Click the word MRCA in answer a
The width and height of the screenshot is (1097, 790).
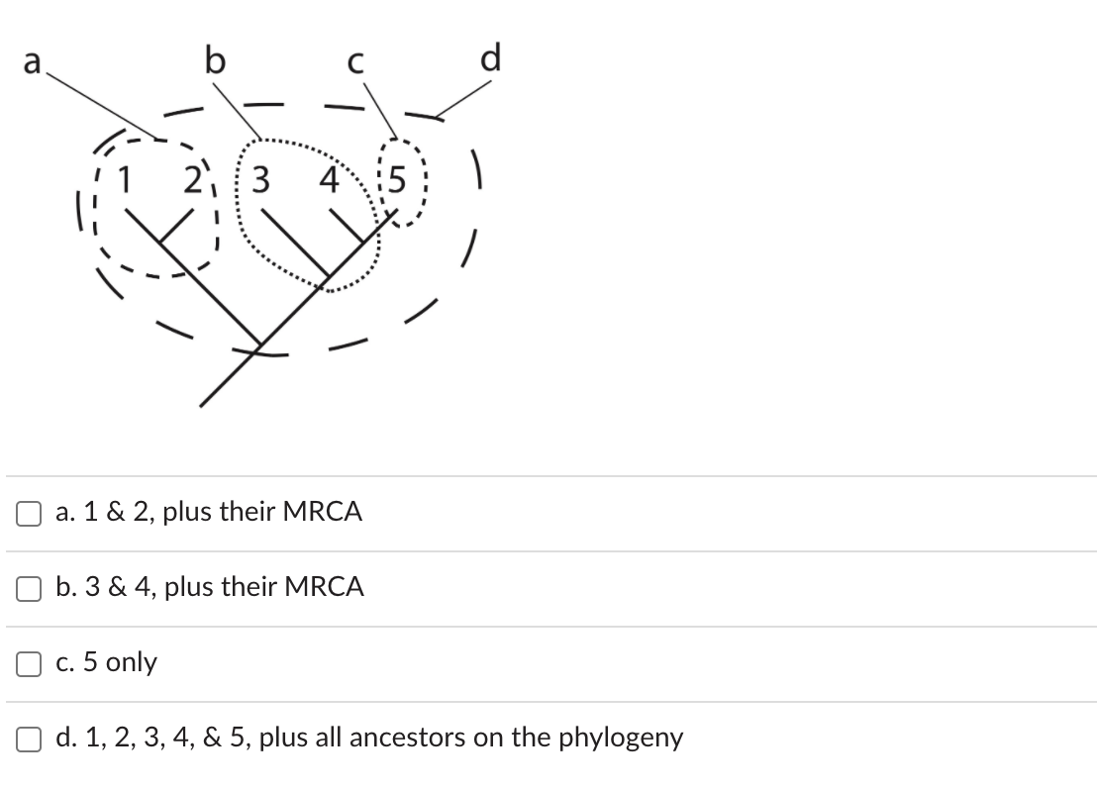point(322,512)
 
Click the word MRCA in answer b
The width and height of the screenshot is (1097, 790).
point(324,587)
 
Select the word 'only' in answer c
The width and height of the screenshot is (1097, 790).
point(131,662)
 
